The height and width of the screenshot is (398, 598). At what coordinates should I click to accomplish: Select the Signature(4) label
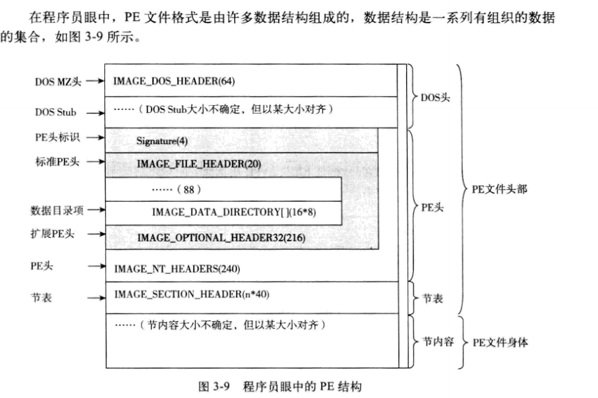coord(162,140)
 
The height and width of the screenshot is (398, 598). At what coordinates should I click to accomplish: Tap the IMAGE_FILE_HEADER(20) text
coord(199,164)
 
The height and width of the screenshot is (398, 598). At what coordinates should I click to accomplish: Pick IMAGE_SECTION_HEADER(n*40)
coord(183,293)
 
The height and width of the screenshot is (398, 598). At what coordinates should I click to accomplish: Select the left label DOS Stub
coord(56,111)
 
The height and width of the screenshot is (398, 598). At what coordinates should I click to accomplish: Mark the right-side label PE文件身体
coord(500,343)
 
